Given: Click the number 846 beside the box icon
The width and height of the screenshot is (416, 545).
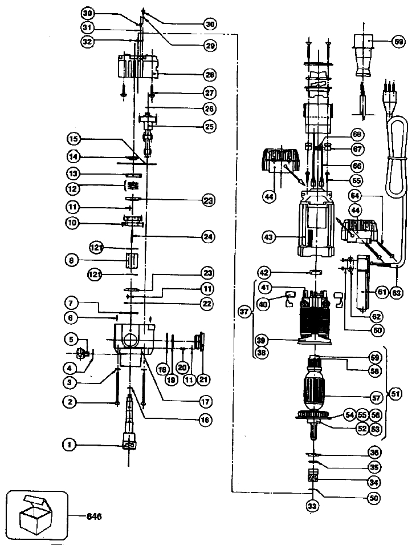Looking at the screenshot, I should tap(94, 516).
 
